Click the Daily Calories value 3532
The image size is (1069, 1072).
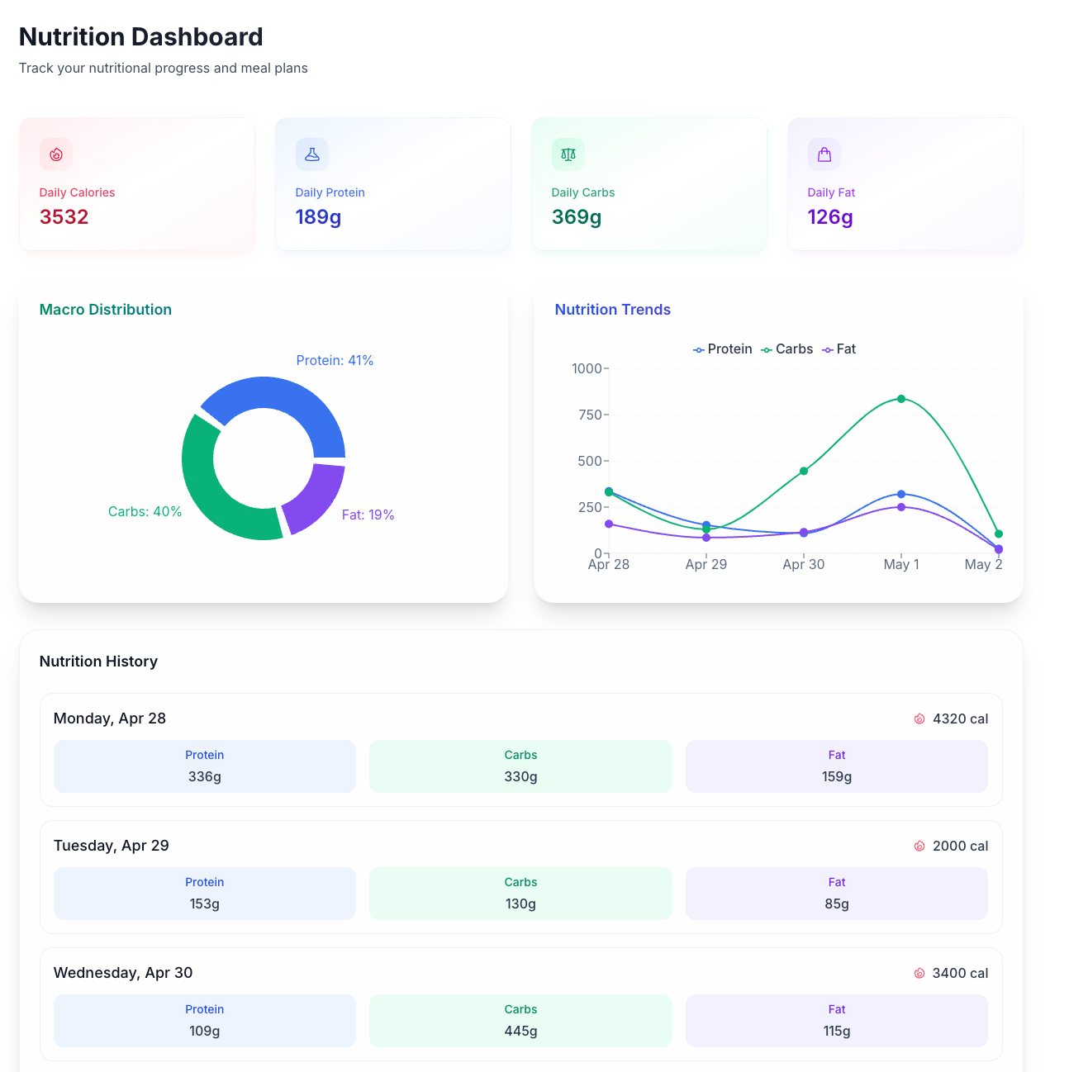[x=64, y=217]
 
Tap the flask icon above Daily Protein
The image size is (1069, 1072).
[x=312, y=154]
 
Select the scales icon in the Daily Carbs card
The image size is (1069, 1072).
[x=568, y=154]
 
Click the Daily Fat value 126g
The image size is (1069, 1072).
[x=830, y=217]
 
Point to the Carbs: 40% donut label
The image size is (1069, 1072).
[x=145, y=512]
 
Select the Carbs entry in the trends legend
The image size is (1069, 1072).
[x=787, y=349]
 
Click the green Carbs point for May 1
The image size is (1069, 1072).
[x=901, y=399]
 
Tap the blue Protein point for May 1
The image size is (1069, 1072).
[x=901, y=494]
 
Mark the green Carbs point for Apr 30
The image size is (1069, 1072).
[x=804, y=471]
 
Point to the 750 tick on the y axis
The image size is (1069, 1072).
[x=590, y=415]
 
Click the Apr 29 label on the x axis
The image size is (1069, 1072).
[x=706, y=565]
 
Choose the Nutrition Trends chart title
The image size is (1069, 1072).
[x=613, y=310]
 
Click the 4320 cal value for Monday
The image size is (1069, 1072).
[x=960, y=719]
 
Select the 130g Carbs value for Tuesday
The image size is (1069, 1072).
[x=520, y=904]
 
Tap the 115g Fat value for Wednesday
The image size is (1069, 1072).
[x=837, y=1031]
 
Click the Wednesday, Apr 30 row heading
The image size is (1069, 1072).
[x=123, y=973]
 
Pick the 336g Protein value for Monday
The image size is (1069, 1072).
[x=205, y=776]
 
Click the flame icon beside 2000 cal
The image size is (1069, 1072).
[x=919, y=846]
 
